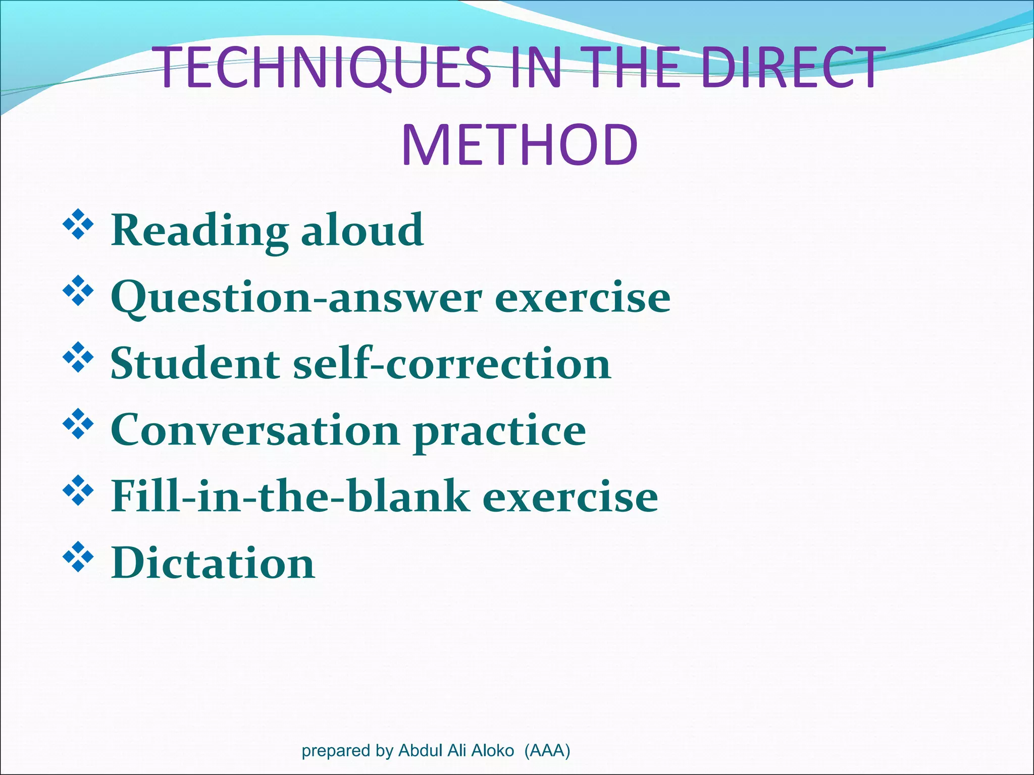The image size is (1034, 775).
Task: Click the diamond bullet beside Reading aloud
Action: click(78, 225)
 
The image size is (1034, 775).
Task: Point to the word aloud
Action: click(363, 230)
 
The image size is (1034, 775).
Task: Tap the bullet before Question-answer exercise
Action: click(78, 291)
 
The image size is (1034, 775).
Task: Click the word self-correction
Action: click(452, 363)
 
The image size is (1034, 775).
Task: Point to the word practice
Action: click(499, 431)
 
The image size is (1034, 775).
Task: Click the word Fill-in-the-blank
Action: click(290, 496)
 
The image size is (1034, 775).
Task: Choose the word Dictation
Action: click(213, 563)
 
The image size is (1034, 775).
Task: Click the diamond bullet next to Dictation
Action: click(78, 557)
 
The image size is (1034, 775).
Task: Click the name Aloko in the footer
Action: click(492, 750)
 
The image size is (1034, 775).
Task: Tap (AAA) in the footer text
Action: click(547, 750)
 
